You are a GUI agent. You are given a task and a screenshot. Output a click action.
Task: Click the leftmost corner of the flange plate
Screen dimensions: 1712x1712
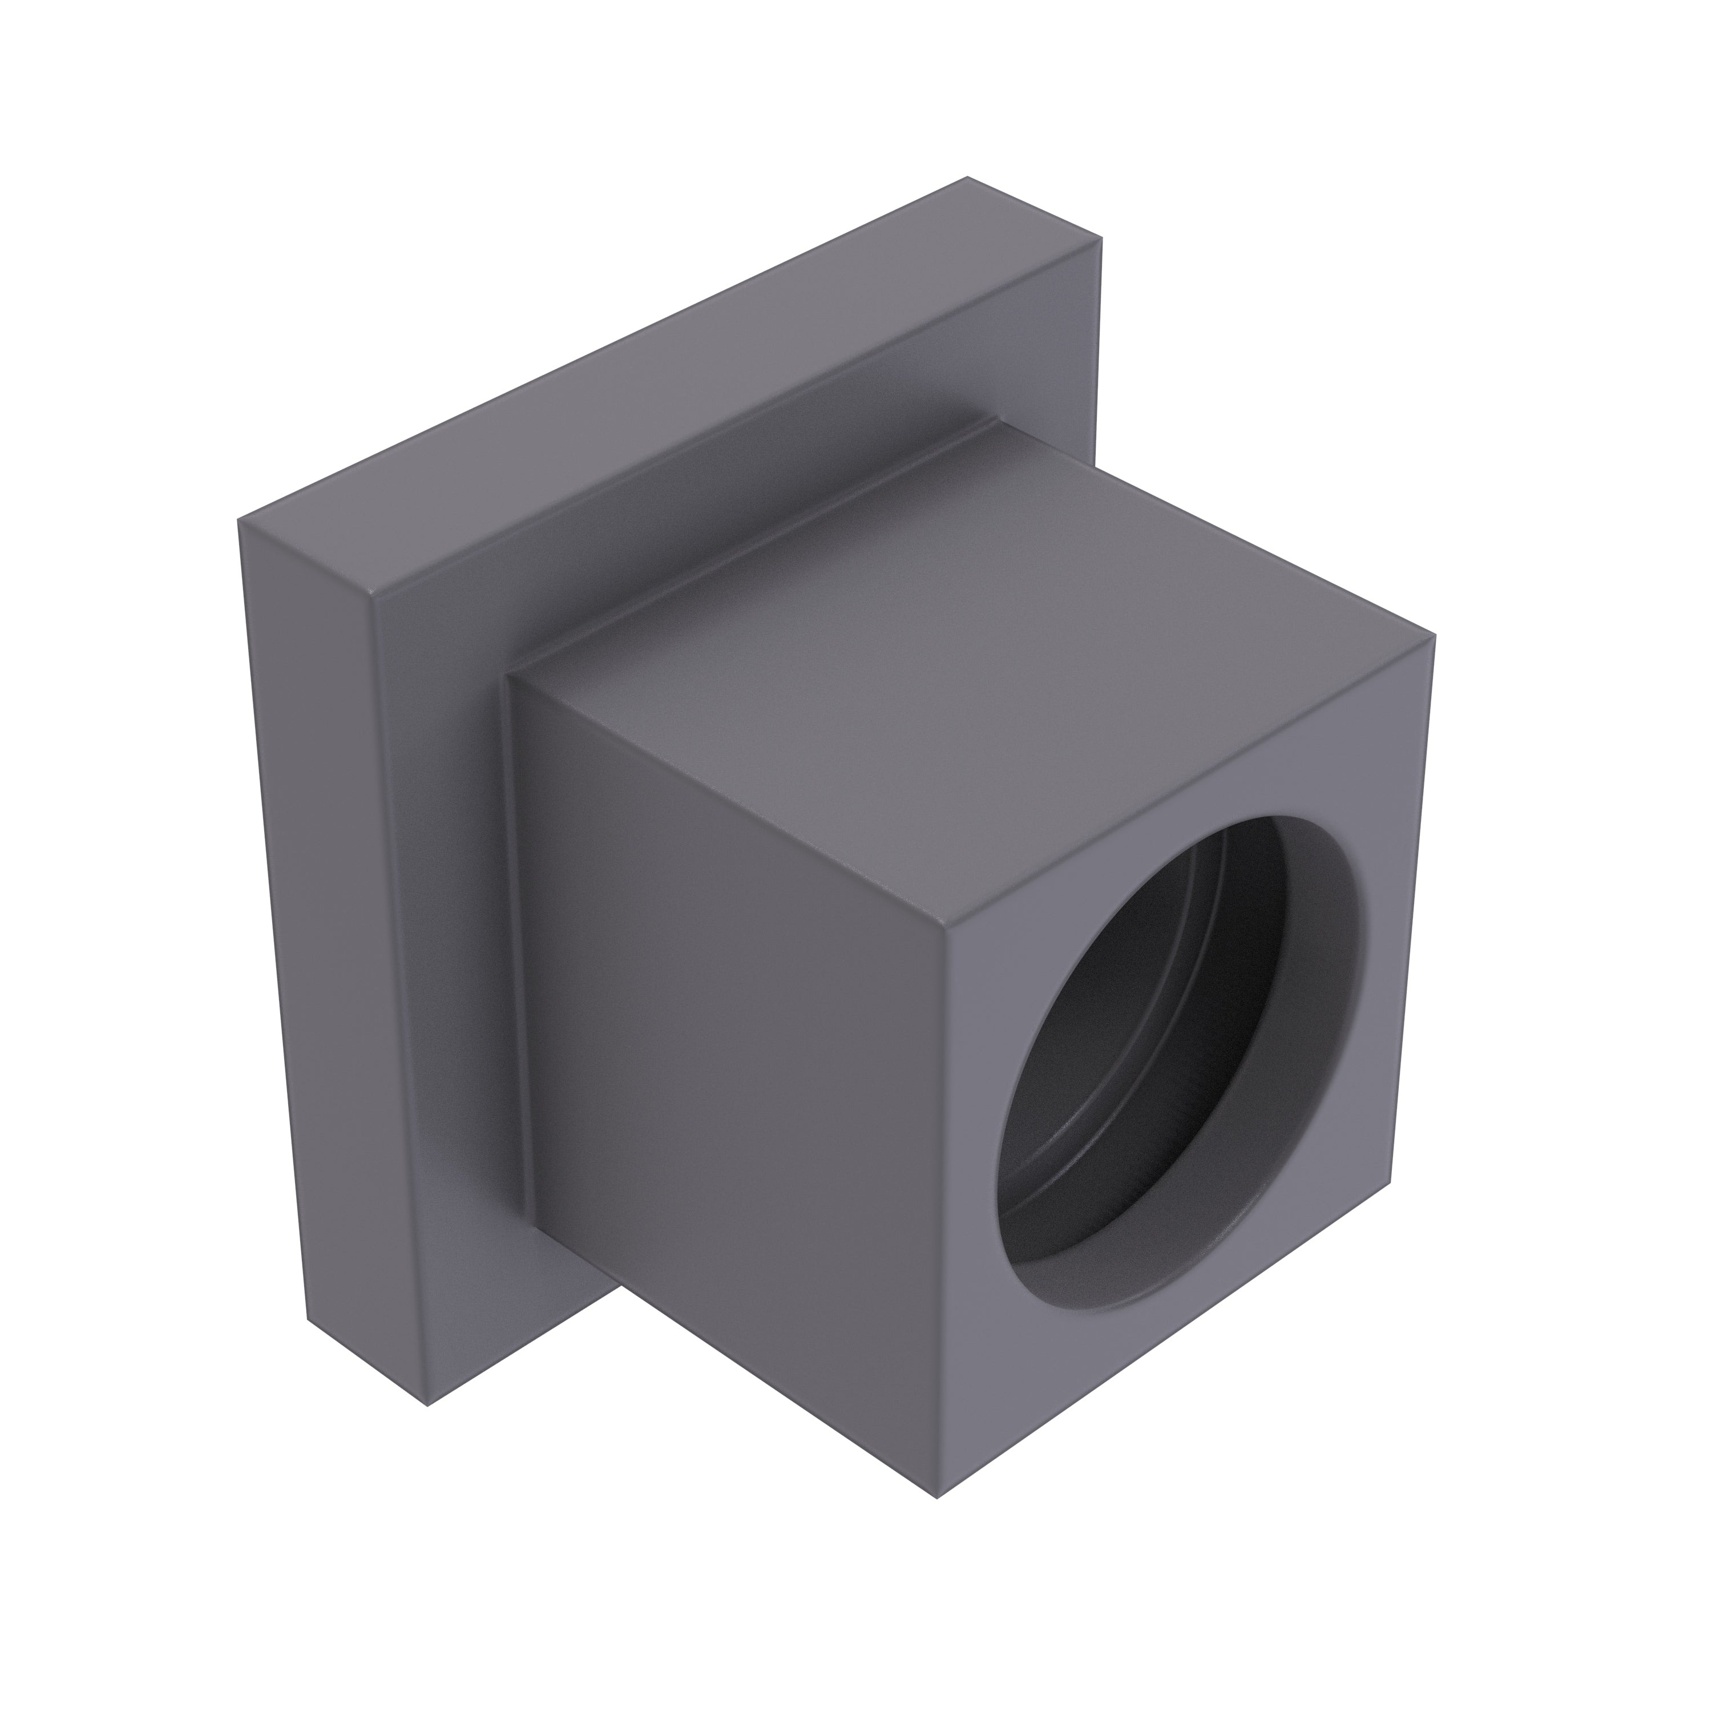tap(239, 521)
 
